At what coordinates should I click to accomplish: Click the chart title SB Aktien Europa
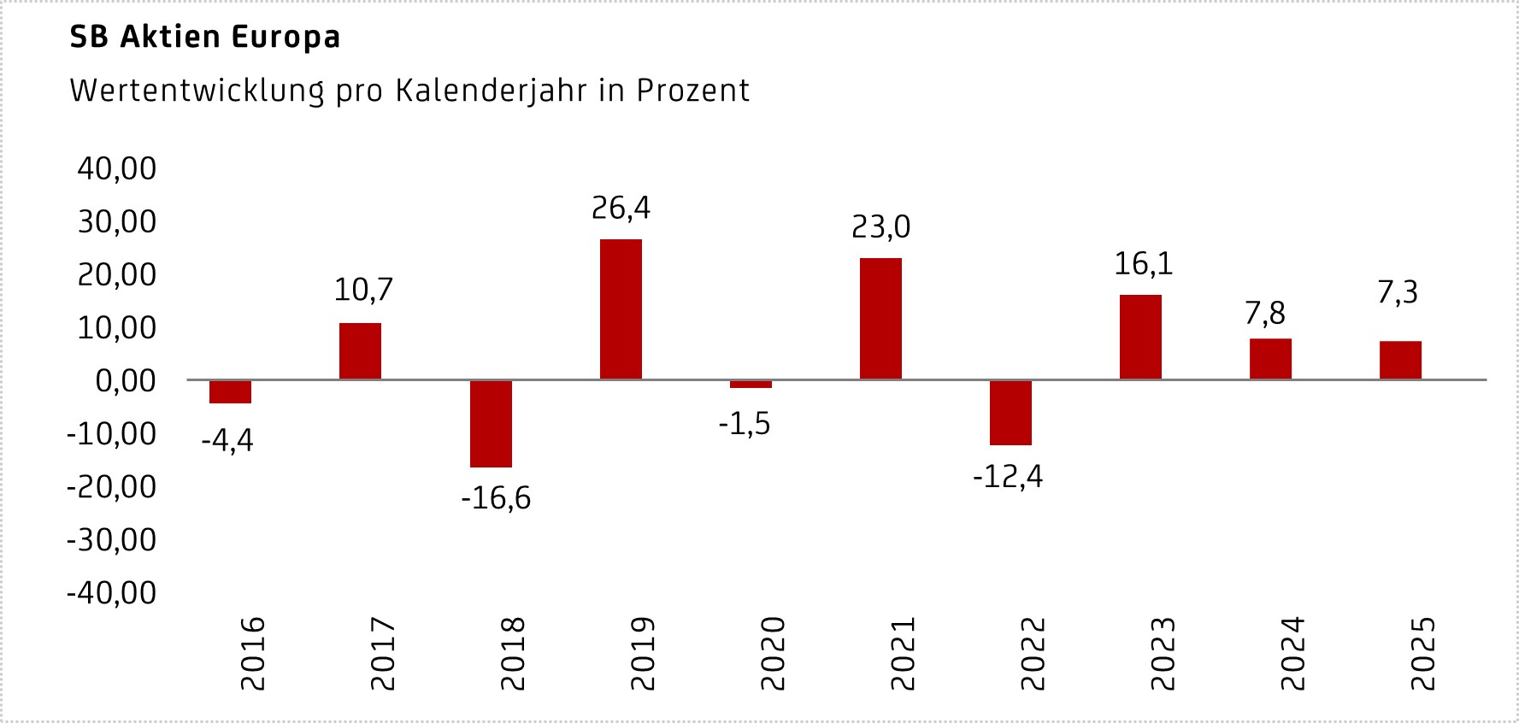(x=205, y=37)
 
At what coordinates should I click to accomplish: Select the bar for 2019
(x=621, y=309)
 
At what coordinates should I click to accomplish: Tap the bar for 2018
(x=491, y=424)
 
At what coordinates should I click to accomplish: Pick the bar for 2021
(x=880, y=318)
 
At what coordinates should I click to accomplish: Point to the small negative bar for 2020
(x=751, y=384)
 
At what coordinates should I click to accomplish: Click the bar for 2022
(x=1010, y=413)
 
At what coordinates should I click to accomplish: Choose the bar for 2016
(x=231, y=391)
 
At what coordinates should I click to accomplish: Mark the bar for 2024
(x=1270, y=359)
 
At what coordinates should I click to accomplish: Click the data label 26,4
(x=621, y=208)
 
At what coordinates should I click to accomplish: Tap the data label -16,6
(x=496, y=497)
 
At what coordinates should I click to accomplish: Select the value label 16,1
(x=1143, y=264)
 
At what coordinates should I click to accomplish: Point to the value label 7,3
(x=1398, y=293)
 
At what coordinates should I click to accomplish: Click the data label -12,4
(x=1008, y=476)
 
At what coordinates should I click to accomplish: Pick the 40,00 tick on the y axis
(x=117, y=168)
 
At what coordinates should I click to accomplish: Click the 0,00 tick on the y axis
(x=126, y=380)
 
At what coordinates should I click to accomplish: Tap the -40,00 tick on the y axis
(x=112, y=592)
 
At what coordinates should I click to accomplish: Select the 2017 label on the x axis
(x=382, y=654)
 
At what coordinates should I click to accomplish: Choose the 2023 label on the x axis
(x=1163, y=654)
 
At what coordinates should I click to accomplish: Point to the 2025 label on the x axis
(x=1422, y=654)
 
